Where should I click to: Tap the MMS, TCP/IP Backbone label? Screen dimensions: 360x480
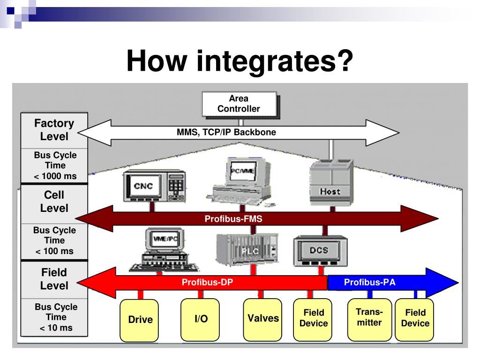tap(226, 132)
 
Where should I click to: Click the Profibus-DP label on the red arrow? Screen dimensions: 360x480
tap(207, 282)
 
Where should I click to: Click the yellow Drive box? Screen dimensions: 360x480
tap(140, 320)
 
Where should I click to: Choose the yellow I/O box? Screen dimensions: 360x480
tap(201, 319)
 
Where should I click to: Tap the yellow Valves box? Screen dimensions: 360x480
tap(263, 318)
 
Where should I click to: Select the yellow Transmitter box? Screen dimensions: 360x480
tap(369, 318)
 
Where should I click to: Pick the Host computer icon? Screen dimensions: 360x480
tap(330, 183)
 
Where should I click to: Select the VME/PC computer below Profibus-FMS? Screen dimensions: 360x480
tap(164, 248)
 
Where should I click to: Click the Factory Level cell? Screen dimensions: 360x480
tap(54, 130)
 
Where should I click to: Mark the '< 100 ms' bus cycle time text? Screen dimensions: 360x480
tap(54, 251)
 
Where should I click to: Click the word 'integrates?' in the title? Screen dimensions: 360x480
tap(274, 61)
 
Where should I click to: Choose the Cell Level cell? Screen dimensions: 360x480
tap(54, 202)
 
